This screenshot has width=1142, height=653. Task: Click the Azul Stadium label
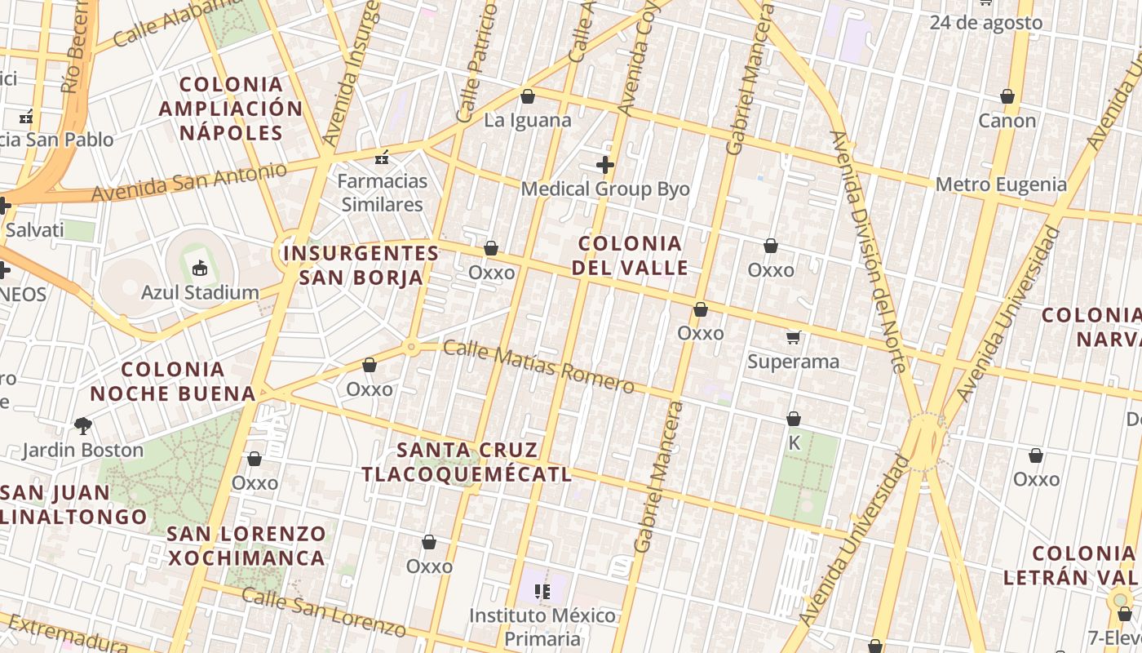click(x=200, y=292)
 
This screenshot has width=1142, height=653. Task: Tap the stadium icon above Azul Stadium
click(x=200, y=267)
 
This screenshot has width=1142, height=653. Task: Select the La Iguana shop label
click(x=528, y=120)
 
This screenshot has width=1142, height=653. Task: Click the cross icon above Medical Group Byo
click(x=604, y=165)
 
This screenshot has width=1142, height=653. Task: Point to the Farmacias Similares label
click(x=382, y=193)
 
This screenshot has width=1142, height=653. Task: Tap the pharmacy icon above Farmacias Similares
click(x=382, y=157)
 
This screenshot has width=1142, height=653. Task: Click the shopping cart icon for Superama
click(x=793, y=336)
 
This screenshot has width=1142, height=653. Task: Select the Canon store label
click(x=1007, y=121)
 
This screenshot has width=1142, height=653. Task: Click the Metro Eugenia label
click(x=1001, y=184)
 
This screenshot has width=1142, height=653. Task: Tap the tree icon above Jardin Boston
click(x=82, y=424)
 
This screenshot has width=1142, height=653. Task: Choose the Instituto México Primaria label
click(x=542, y=626)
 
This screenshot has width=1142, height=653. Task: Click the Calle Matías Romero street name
click(x=538, y=366)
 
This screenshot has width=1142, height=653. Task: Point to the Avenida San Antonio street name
click(x=189, y=182)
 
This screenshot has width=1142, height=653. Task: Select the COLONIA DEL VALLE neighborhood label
click(x=630, y=255)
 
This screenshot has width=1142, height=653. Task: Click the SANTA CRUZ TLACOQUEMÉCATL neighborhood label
click(x=466, y=462)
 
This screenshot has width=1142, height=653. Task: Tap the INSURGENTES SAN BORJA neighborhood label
click(x=361, y=265)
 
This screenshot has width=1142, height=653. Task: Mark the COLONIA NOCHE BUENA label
click(x=173, y=382)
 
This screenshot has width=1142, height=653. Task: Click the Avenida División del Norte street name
click(x=870, y=251)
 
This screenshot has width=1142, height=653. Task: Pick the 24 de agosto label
click(x=985, y=23)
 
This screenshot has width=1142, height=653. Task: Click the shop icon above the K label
click(x=793, y=419)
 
